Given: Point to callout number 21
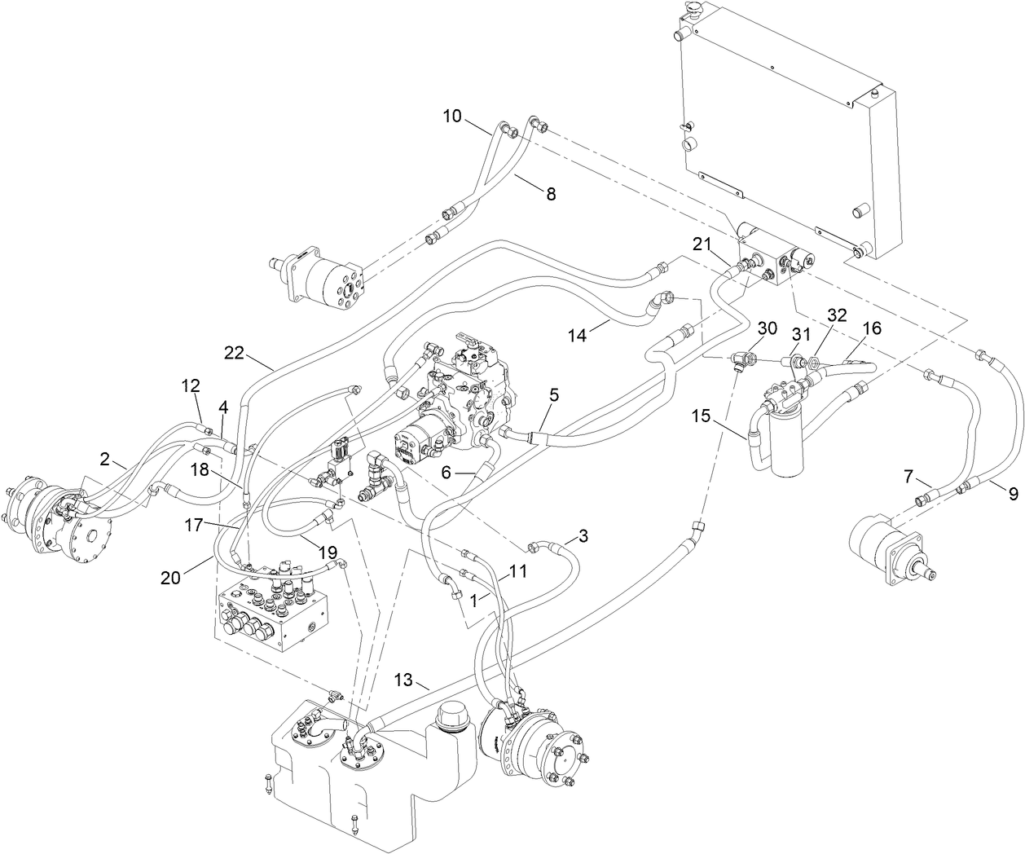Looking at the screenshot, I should tap(703, 243).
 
